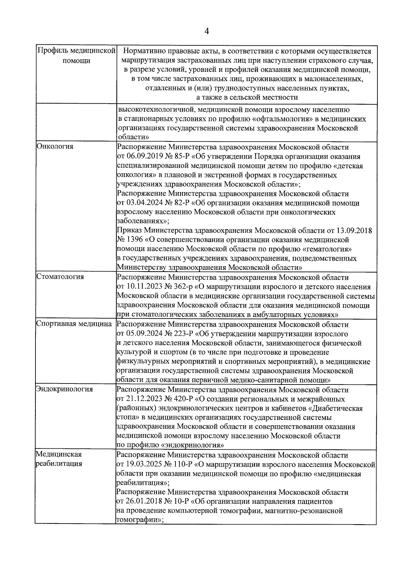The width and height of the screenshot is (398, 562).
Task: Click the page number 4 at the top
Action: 207,31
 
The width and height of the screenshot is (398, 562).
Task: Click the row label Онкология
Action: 55,146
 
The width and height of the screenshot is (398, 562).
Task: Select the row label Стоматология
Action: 60,277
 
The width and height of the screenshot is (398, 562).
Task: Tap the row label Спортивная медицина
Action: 74,324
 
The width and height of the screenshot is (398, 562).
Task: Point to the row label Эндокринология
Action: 65,389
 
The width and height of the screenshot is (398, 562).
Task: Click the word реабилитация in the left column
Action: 59,463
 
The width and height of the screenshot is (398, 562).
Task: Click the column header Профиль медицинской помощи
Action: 76,56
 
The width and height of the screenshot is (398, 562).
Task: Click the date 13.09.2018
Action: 354,230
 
